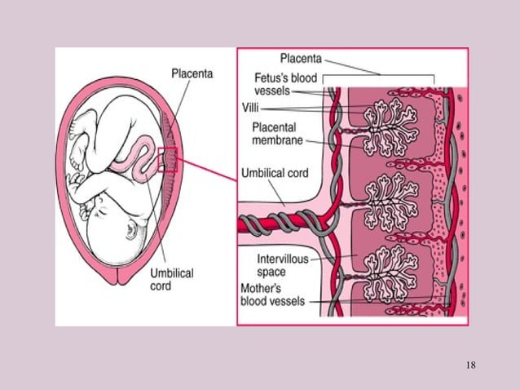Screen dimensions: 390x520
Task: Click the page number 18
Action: tap(470, 363)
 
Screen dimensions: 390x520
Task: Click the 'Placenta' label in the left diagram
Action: tap(192, 73)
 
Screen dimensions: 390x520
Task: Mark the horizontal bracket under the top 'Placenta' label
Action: tap(381, 78)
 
